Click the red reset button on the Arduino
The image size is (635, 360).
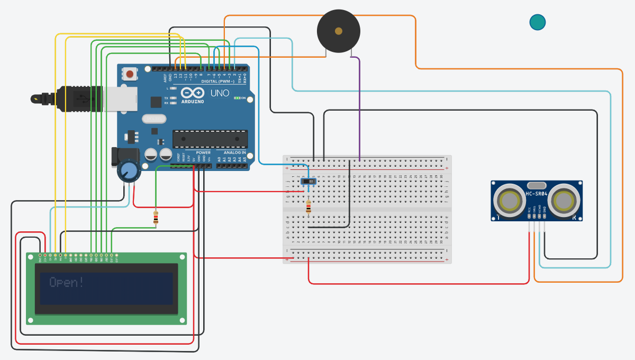coord(130,74)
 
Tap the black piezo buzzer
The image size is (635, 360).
coord(338,31)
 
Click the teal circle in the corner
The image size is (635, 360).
coord(537,22)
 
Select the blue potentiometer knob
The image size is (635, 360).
coord(128,171)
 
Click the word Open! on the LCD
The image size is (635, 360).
coord(66,282)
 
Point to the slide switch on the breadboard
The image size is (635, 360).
coord(309,182)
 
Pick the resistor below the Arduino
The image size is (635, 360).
coord(156,218)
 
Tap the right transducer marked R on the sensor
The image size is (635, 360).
coord(564,201)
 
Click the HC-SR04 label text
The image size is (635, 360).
coord(537,194)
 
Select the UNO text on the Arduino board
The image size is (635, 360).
coord(220,93)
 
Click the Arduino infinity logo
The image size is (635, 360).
coord(192,93)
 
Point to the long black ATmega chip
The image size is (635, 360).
coord(210,139)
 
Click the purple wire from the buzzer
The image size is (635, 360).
coord(360,106)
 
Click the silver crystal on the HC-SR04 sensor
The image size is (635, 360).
coord(537,185)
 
